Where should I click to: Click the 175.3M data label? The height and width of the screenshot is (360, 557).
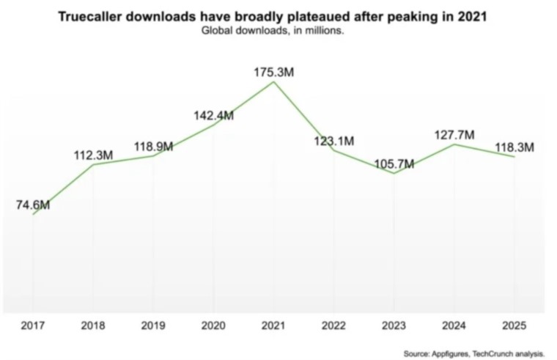[x=273, y=72]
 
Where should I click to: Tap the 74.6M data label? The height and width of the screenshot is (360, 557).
[x=33, y=205]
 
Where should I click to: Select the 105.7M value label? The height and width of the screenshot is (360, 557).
[x=394, y=164]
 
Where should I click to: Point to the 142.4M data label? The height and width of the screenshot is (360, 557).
[x=213, y=116]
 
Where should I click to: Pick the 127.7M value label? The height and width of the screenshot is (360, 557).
[x=454, y=135]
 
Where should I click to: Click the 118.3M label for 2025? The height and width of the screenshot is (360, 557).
[x=514, y=147]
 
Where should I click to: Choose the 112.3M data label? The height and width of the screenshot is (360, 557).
[x=93, y=155]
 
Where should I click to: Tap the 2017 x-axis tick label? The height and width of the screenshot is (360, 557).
[x=33, y=326]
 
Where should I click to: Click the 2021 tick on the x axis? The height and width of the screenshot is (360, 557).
[x=273, y=326]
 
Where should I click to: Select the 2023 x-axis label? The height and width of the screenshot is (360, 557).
[x=394, y=326]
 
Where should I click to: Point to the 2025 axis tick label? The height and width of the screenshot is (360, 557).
[x=514, y=326]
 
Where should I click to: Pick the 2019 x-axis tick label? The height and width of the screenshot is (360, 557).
[x=153, y=326]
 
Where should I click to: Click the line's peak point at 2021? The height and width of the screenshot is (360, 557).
[x=273, y=82]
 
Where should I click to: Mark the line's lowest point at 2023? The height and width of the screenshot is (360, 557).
[x=394, y=174]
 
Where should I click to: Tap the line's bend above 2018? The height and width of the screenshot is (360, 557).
[x=93, y=164]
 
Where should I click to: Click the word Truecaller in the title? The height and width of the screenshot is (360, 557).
[x=89, y=17]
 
